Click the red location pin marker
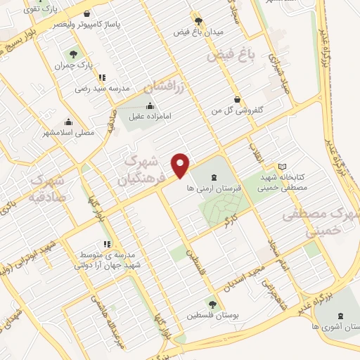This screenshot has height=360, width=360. coord(181,165)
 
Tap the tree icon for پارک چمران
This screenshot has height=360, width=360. coord(72,53)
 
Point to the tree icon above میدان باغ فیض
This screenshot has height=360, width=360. coord(195,21)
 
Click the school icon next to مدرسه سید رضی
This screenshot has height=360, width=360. coord(102,77)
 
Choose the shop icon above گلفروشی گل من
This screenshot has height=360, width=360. coord(238,99)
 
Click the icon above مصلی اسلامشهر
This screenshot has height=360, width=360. coord(67,121)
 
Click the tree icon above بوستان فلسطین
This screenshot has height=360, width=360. coord(212,304)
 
